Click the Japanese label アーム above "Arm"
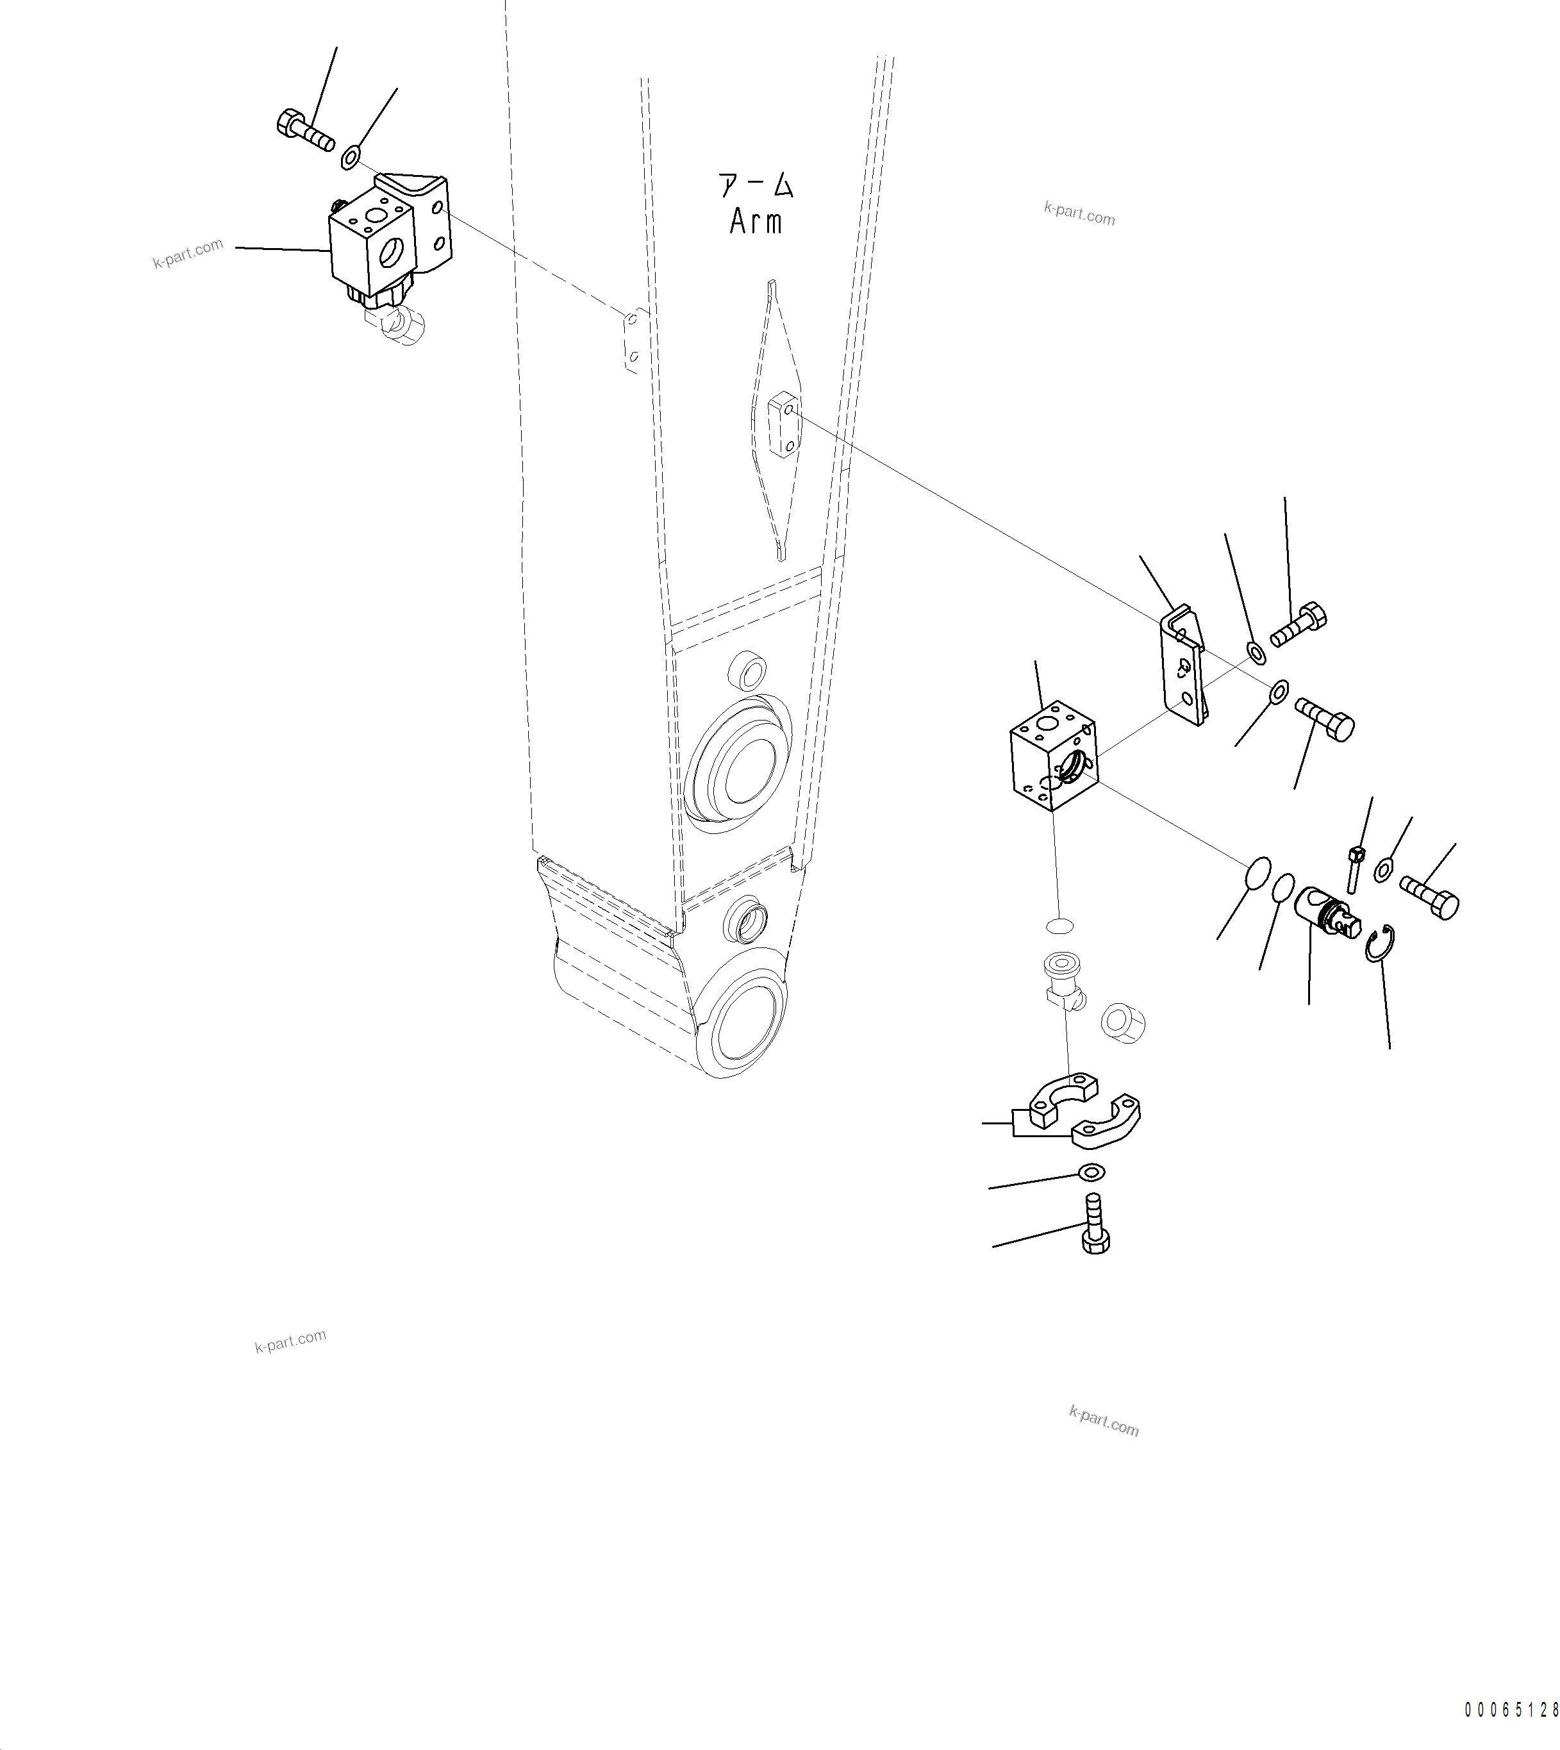point(756,186)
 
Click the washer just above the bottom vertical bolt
point(1092,1171)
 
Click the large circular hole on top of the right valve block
point(1047,724)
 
